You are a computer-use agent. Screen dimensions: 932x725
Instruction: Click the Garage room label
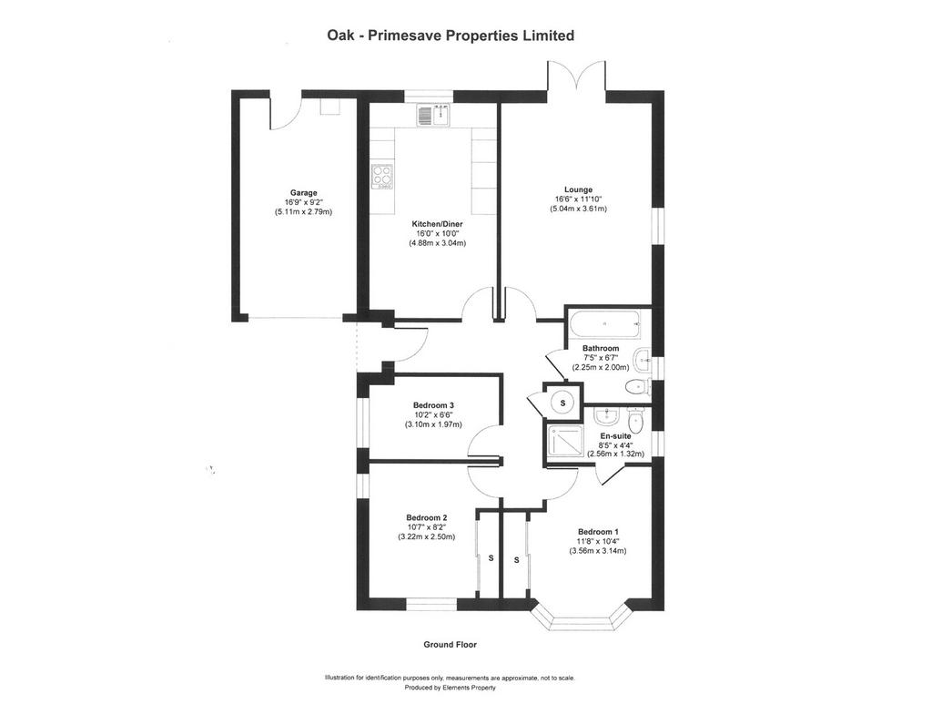303,193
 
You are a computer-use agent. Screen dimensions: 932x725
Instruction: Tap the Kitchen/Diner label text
438,224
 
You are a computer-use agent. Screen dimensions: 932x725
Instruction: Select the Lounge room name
578,189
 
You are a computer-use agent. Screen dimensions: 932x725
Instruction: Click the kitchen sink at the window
433,115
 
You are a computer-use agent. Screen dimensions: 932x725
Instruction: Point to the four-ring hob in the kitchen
383,177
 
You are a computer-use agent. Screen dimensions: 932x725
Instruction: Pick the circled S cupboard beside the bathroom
562,403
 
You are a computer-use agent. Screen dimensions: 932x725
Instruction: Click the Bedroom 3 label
434,405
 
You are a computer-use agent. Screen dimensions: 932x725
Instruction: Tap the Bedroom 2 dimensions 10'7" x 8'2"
426,527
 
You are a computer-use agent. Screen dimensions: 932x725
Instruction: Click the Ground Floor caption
450,644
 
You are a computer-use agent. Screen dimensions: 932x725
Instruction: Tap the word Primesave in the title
405,36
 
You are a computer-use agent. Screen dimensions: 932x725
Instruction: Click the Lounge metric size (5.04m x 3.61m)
578,209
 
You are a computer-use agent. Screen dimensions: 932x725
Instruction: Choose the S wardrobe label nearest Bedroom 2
491,558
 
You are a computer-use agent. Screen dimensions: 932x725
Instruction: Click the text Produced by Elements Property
450,688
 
